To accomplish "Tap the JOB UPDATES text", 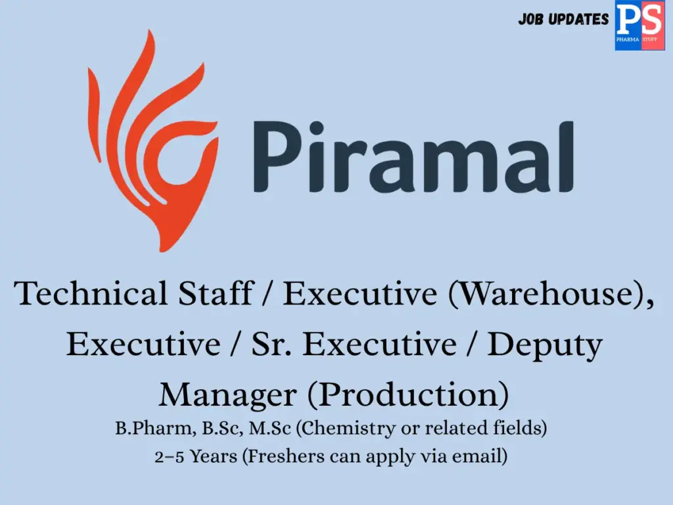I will pyautogui.click(x=563, y=20).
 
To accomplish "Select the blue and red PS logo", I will pyautogui.click(x=639, y=25).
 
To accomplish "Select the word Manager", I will pyautogui.click(x=227, y=394).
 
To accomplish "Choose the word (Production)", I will pyautogui.click(x=408, y=395).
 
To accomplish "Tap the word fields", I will pyautogui.click(x=520, y=429).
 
